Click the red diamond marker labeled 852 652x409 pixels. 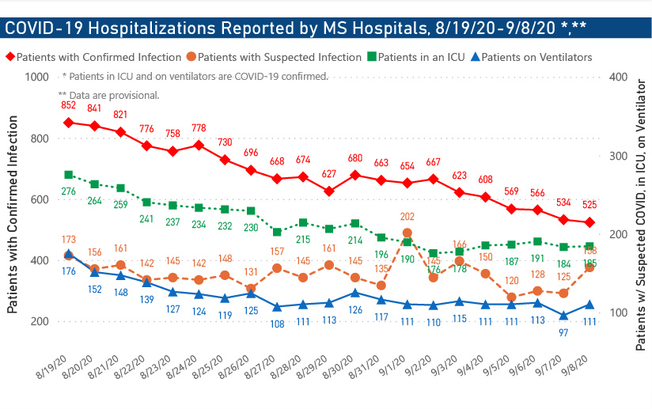click(x=69, y=123)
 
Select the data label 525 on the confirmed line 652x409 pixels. click(x=589, y=206)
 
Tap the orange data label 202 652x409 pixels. click(x=407, y=216)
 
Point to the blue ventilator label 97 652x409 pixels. click(x=563, y=331)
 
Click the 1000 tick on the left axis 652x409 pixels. click(x=36, y=78)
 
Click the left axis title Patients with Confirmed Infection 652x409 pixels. click(x=13, y=214)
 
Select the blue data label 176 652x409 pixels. click(x=69, y=271)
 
